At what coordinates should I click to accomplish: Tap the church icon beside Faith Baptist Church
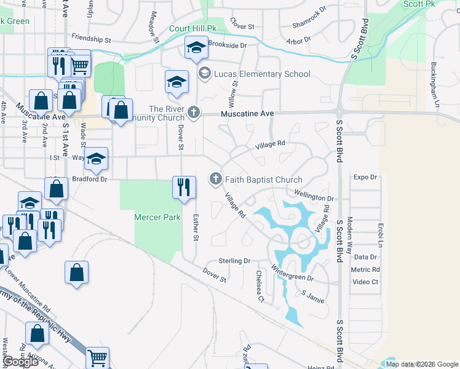point(215,179)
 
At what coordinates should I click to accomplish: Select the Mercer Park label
point(158,217)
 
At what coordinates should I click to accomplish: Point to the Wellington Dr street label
point(314,199)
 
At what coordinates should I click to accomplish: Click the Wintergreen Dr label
point(293,277)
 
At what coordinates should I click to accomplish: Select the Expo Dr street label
point(365,177)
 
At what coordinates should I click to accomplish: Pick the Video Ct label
point(366,282)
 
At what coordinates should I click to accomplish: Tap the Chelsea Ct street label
point(260,286)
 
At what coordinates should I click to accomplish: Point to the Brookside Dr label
point(228,45)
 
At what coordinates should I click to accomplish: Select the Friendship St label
point(90,39)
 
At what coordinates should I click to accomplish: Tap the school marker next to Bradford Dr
point(96,159)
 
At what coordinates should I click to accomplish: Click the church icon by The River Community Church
point(194,112)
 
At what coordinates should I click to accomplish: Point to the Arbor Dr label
point(298,42)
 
